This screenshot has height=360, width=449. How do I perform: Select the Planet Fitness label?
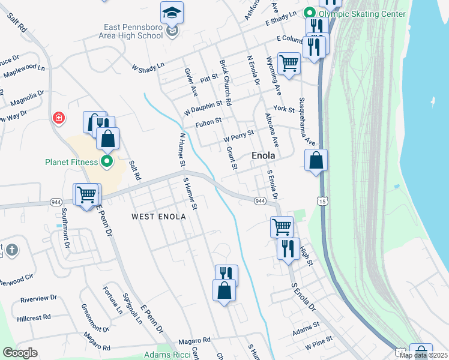tap(71, 161)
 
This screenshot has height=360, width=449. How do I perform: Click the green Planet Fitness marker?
tap(107, 161)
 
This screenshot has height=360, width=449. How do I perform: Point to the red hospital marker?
tap(59, 117)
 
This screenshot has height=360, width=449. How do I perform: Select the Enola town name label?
tap(263, 155)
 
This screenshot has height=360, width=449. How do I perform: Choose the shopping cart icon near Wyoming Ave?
tap(289, 63)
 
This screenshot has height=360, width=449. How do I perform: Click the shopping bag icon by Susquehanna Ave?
tap(316, 161)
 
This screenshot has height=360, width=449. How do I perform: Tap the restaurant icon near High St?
tap(288, 247)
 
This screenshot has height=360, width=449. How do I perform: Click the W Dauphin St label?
tap(203, 107)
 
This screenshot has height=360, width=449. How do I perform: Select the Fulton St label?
tap(208, 125)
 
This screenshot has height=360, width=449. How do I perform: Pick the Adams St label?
tap(306, 328)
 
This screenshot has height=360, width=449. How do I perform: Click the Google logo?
tap(20, 353)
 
